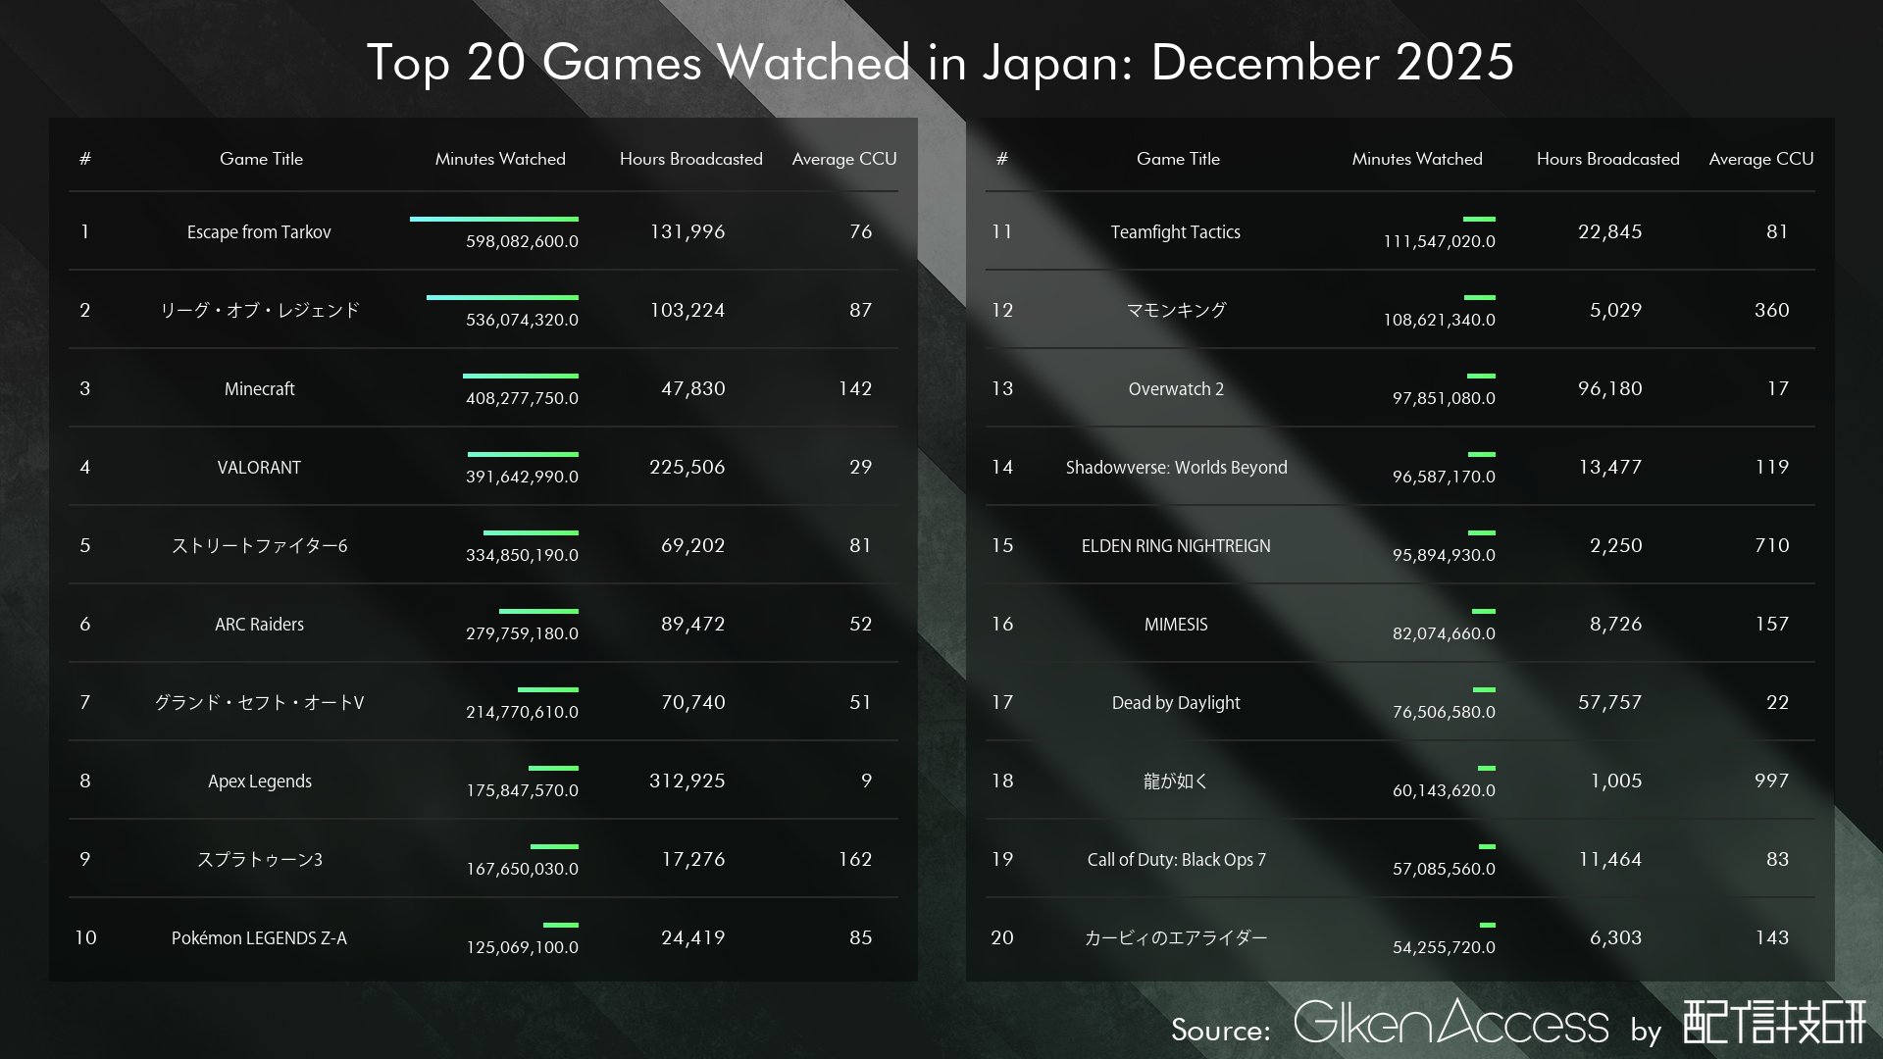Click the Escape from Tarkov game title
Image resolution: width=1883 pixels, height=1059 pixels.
[259, 232]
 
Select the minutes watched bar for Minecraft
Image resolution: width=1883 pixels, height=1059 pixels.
[520, 376]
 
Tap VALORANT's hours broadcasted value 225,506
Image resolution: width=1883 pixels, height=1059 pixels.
[687, 467]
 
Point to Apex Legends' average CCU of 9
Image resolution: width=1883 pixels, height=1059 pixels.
[866, 781]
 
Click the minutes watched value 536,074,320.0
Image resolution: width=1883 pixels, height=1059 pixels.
[522, 320]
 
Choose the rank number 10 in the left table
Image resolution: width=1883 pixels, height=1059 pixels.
[85, 937]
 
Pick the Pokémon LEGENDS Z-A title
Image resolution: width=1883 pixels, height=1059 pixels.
[259, 938]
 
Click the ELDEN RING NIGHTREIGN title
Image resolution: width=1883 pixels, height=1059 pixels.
[1176, 546]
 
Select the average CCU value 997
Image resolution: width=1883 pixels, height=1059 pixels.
[1771, 781]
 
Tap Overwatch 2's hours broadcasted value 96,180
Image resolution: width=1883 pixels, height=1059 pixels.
[1609, 388]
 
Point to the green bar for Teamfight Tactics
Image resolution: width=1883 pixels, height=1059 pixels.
[1479, 219]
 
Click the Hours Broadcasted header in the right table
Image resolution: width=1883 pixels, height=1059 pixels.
[1607, 159]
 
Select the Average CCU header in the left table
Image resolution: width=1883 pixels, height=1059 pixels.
[843, 159]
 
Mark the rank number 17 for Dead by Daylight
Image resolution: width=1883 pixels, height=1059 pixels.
[1001, 702]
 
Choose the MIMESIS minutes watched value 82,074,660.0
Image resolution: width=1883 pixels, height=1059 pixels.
[1444, 633]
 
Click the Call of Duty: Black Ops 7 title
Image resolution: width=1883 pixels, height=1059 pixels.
[1176, 860]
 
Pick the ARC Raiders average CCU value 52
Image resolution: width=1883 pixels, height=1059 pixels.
[860, 624]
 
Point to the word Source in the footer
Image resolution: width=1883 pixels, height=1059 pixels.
[1219, 1030]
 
